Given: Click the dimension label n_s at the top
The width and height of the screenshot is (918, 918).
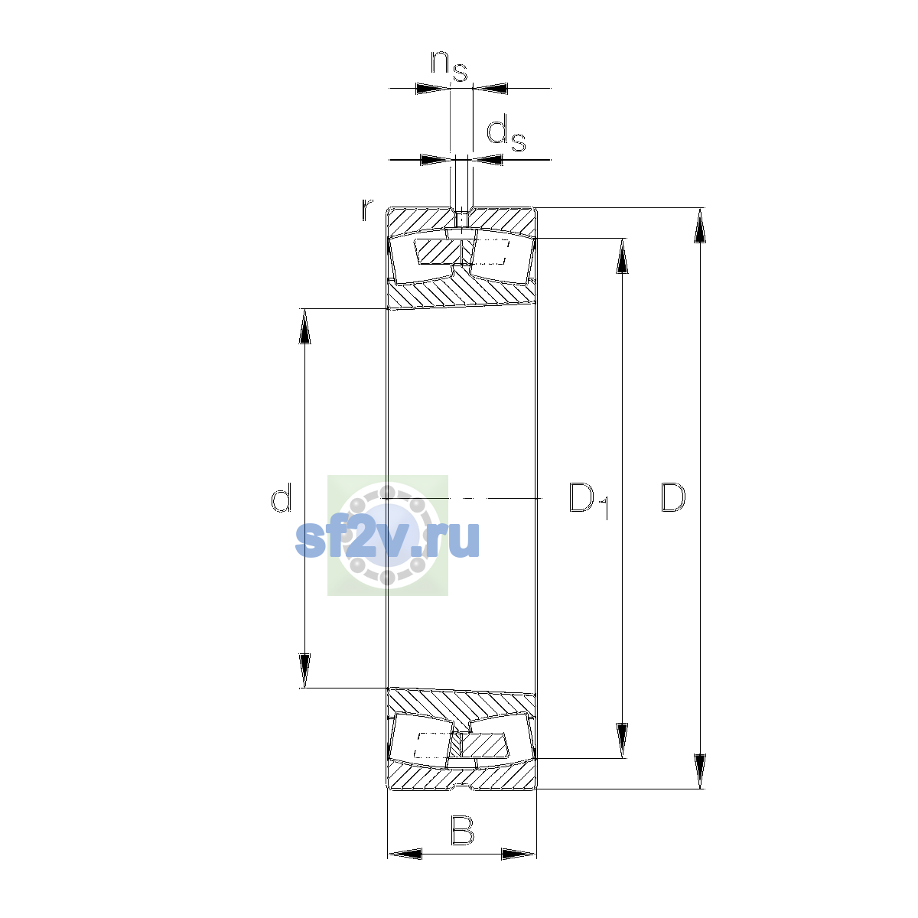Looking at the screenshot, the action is tap(449, 67).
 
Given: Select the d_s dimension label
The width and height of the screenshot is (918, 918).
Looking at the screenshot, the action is tap(506, 136).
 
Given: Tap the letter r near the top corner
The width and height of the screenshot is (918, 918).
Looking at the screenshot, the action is tap(366, 210).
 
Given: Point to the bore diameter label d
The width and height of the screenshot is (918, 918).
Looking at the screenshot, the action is tap(281, 497).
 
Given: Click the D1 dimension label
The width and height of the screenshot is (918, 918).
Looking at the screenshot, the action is tap(589, 500).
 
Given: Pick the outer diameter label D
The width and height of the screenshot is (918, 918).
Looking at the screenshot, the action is tap(672, 498).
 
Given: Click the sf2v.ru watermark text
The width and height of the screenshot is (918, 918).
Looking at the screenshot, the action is tap(387, 539).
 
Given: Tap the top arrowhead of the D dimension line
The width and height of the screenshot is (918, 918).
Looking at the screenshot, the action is tap(699, 226).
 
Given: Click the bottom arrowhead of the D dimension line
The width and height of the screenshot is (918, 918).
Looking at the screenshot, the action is tap(699, 772).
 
